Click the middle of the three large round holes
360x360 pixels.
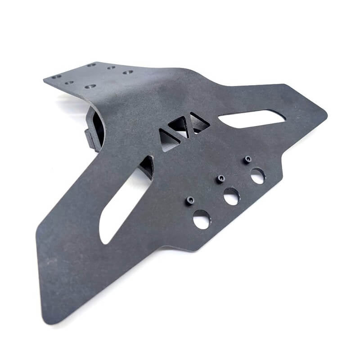pyautogui.click(x=231, y=196)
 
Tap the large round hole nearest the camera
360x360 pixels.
pyautogui.click(x=202, y=219)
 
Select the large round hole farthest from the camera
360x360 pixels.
pyautogui.click(x=258, y=175)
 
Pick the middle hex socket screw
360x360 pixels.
pyautogui.click(x=220, y=179)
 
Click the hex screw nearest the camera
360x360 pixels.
pyautogui.click(x=190, y=200)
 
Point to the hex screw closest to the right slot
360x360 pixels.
pyautogui.click(x=247, y=159)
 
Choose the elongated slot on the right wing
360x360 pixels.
pyautogui.click(x=252, y=118)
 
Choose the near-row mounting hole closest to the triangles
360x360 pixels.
pyautogui.click(x=90, y=85)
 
